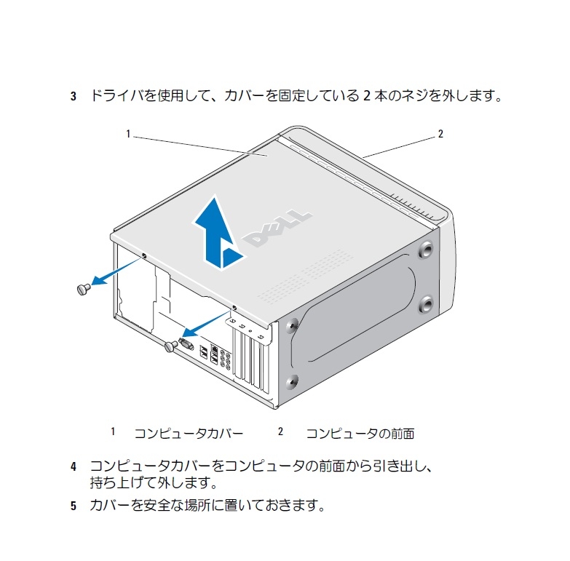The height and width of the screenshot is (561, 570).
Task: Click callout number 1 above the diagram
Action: (x=128, y=134)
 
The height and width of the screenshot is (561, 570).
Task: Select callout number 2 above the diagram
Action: (x=440, y=134)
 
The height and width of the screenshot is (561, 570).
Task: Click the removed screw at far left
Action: (x=82, y=289)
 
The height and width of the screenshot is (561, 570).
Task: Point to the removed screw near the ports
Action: (x=171, y=346)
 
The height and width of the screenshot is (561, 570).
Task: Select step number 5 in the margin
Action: (x=73, y=505)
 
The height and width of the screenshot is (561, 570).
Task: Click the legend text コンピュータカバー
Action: (x=189, y=434)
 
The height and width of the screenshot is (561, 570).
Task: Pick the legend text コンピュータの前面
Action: (x=360, y=434)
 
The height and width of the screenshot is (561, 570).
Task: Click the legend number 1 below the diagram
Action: (x=113, y=431)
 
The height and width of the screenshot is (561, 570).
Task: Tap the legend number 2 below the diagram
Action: (x=280, y=431)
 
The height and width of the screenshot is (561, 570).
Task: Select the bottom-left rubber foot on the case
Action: (x=292, y=381)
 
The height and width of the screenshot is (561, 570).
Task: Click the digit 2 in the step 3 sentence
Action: (x=367, y=96)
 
